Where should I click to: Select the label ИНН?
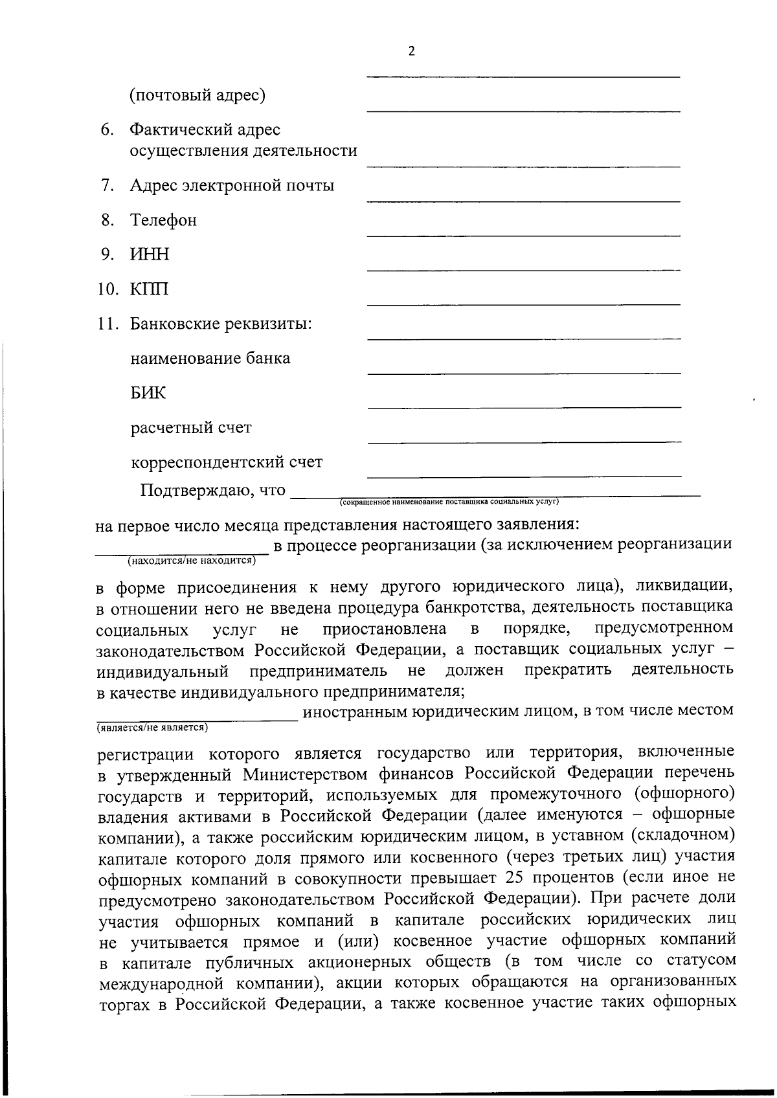click(x=150, y=254)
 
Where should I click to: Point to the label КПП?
click(x=150, y=289)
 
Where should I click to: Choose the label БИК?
click(x=148, y=393)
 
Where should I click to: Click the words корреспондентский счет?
click(x=227, y=462)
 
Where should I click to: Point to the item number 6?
click(x=107, y=130)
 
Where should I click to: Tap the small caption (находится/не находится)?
click(x=189, y=559)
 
